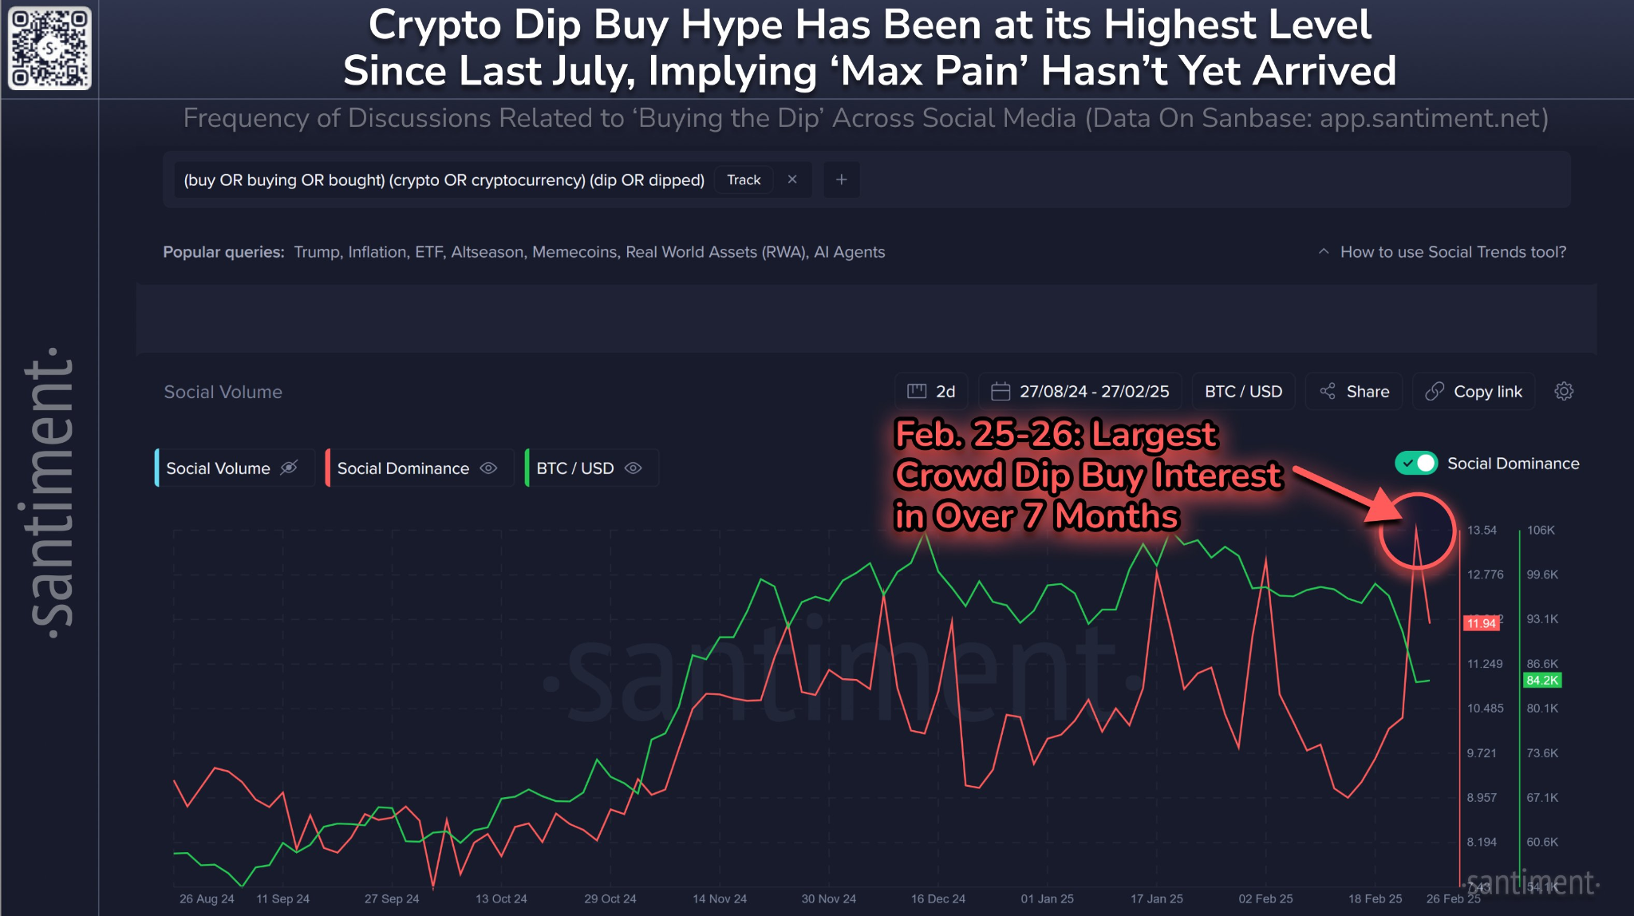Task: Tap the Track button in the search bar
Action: [744, 180]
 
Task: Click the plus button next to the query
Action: [841, 180]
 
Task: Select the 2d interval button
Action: [932, 392]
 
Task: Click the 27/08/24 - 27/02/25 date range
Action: [1081, 392]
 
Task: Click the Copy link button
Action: [1474, 392]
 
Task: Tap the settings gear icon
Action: [1564, 392]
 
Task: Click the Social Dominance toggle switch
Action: [1416, 464]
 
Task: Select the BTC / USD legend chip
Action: [589, 468]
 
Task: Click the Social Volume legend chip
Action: [231, 468]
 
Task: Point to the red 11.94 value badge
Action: [1482, 623]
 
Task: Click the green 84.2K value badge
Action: [1541, 681]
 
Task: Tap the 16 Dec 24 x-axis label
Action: [938, 899]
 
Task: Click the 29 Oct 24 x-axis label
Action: [610, 899]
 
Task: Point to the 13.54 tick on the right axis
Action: [1482, 531]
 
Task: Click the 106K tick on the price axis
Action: [1541, 531]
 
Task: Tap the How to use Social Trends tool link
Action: [1452, 252]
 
